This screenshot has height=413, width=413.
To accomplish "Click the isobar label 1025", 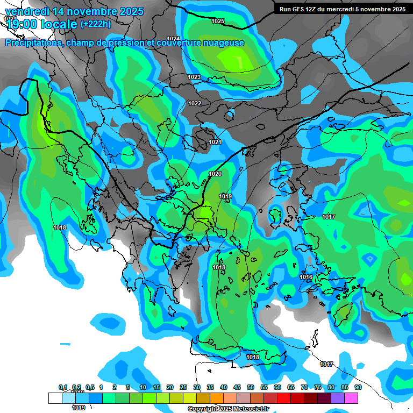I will click(x=218, y=21).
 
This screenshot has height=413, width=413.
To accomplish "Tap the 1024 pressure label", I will click(x=173, y=39).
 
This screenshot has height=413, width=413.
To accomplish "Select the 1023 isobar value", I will click(x=194, y=77).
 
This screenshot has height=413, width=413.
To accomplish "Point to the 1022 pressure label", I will click(x=195, y=103).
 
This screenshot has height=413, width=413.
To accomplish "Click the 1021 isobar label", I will click(x=215, y=142).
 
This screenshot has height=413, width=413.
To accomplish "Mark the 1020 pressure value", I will click(x=215, y=174).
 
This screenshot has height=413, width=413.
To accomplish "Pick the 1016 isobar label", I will click(x=306, y=277).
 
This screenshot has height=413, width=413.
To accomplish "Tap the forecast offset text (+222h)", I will click(x=96, y=24).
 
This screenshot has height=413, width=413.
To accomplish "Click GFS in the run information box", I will click(x=300, y=9).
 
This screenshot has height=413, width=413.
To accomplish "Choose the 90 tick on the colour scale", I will click(x=358, y=388).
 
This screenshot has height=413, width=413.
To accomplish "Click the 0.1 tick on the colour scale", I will click(x=62, y=388).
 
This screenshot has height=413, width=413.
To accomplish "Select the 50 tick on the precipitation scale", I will click(x=251, y=388).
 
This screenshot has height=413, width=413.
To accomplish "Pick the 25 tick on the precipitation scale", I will click(x=183, y=388).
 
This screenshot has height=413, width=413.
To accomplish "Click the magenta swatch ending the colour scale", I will click(x=351, y=398).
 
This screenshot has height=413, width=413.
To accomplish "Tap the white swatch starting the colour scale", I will click(x=55, y=398).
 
